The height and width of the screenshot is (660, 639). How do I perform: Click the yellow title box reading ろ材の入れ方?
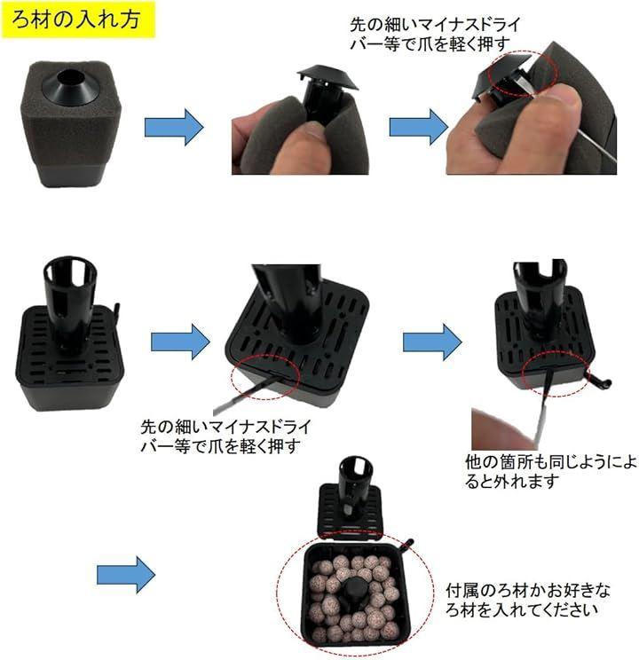click(78, 20)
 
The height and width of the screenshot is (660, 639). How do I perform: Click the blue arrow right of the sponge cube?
click(174, 127)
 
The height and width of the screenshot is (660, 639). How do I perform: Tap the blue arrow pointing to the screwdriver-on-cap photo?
click(419, 127)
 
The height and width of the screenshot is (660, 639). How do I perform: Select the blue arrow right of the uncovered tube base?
click(180, 342)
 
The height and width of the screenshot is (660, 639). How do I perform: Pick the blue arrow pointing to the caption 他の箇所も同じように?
click(432, 342)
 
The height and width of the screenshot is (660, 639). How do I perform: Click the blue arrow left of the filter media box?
click(126, 575)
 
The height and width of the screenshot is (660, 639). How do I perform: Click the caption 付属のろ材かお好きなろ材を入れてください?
click(528, 600)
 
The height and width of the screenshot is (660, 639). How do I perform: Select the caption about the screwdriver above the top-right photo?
click(435, 34)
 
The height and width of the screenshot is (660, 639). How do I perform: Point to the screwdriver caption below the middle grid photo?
click(225, 436)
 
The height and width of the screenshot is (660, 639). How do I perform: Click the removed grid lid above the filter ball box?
click(351, 499)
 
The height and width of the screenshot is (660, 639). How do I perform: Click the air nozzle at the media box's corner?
click(406, 546)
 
